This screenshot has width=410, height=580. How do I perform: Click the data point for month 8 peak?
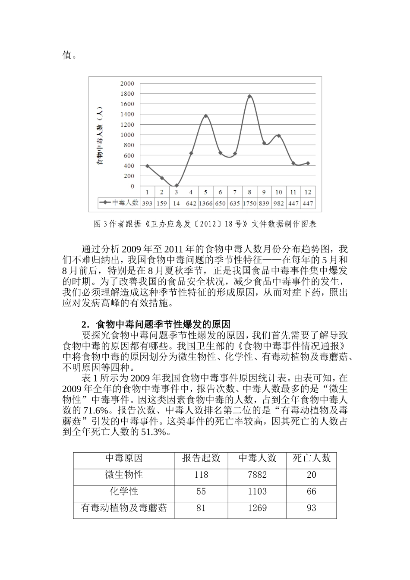coord(249,96)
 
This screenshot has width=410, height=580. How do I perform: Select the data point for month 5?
coord(205,116)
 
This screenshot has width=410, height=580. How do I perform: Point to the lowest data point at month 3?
coord(176,186)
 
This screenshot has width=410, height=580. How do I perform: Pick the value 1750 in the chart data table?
coord(249,203)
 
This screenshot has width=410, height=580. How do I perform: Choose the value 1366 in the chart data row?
coord(205,203)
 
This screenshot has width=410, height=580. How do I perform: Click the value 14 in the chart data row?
coord(176,203)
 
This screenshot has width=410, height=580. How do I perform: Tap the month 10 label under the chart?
coord(279,192)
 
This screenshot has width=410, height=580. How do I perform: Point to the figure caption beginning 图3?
coord(205,224)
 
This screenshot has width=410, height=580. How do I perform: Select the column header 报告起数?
coord(201,458)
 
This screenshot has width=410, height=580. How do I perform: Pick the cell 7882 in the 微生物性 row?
coord(257,475)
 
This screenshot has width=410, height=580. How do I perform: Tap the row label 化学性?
coord(124,492)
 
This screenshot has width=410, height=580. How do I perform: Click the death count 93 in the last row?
coord(311,508)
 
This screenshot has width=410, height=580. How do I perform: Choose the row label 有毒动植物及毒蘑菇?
coord(124,508)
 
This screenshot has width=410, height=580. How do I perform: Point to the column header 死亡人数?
coord(311,458)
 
